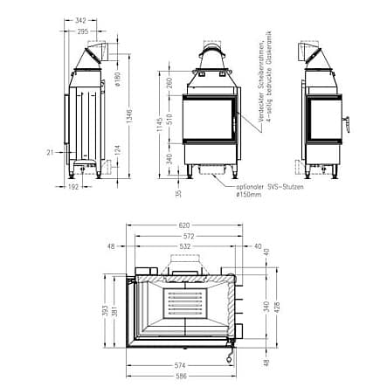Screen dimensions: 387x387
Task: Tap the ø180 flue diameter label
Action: [117, 80]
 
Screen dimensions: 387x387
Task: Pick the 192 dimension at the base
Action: [74, 185]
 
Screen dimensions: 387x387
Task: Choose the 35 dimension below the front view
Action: [178, 193]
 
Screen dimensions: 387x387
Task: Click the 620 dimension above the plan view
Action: [183, 225]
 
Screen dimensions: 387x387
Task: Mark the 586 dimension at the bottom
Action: [180, 376]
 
